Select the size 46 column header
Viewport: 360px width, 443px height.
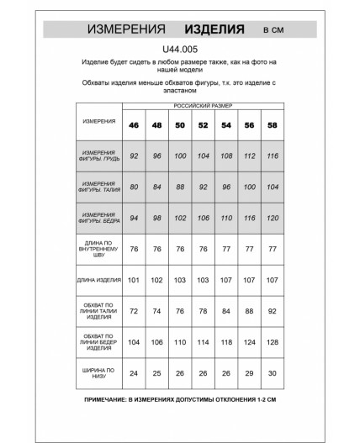click(x=134, y=126)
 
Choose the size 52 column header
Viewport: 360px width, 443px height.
click(x=203, y=126)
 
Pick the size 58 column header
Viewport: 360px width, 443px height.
click(x=273, y=126)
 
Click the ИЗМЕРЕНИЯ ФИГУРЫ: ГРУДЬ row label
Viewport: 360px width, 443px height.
click(x=99, y=156)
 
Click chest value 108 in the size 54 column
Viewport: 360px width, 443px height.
click(x=225, y=156)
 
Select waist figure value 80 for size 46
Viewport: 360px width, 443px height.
click(x=134, y=187)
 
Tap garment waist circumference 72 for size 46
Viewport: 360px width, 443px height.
click(x=134, y=310)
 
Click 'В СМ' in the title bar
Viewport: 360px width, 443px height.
click(x=273, y=31)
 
